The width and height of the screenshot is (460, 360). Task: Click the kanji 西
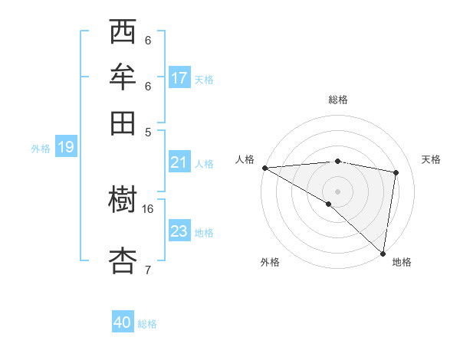click(x=123, y=33)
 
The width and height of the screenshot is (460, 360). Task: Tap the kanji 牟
click(x=123, y=77)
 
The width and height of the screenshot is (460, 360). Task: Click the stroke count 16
click(x=148, y=208)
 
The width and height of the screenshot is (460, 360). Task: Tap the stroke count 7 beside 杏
click(x=148, y=269)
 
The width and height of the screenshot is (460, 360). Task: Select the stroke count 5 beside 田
click(x=148, y=132)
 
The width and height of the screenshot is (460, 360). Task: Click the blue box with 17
click(x=179, y=78)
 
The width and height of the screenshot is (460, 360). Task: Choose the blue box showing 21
click(x=179, y=162)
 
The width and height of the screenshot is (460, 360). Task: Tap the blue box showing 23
click(x=179, y=231)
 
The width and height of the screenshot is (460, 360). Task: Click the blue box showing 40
click(x=123, y=322)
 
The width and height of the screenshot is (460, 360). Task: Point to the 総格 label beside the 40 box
click(x=147, y=324)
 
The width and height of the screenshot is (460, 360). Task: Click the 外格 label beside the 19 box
click(x=41, y=149)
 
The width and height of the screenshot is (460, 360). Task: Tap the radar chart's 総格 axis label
click(x=337, y=100)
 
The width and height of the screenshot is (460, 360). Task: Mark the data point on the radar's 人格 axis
click(x=264, y=167)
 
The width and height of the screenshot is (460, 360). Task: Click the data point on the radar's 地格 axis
click(x=383, y=252)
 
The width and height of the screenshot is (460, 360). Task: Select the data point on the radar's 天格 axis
click(x=396, y=172)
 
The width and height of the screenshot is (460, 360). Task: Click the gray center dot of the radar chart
click(x=337, y=191)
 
